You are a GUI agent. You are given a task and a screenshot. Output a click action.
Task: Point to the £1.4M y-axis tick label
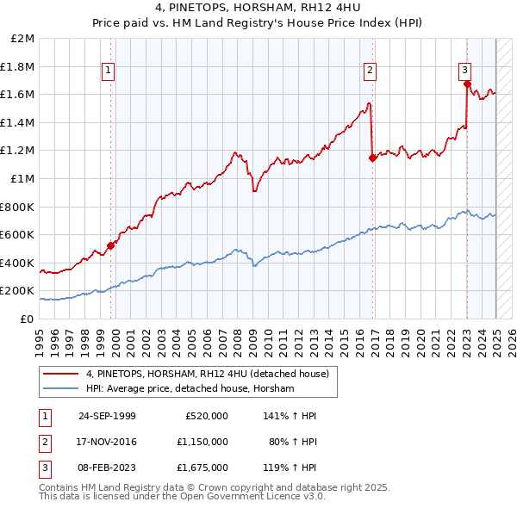click(x=18, y=122)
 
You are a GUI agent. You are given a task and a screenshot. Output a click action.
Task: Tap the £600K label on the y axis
click(x=18, y=234)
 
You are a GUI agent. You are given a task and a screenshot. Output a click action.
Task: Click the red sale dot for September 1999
click(x=111, y=246)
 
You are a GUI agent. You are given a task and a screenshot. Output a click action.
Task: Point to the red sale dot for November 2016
click(x=372, y=158)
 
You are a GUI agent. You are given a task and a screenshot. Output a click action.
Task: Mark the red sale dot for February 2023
click(x=467, y=84)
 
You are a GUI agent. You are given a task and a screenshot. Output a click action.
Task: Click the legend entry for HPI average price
click(x=190, y=389)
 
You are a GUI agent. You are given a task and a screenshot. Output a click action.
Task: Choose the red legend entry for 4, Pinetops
click(x=208, y=375)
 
